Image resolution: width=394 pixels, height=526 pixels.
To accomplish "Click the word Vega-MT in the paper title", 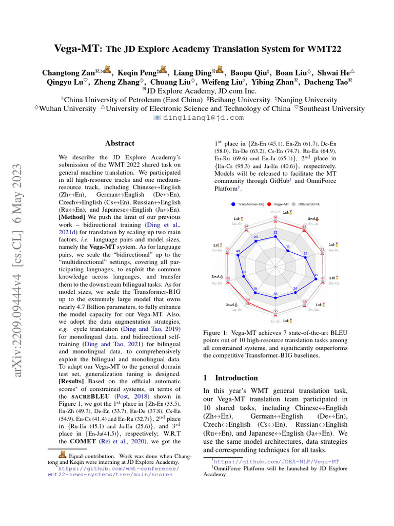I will coord(77,49).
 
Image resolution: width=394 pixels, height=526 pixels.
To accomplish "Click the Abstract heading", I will coord(120,143).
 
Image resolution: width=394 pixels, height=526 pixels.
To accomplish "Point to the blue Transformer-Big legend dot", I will coord(233,204).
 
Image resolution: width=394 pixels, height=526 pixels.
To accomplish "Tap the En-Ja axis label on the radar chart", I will coord(313,224).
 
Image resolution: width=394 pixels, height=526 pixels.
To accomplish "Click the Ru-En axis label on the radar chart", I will coord(216,283).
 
